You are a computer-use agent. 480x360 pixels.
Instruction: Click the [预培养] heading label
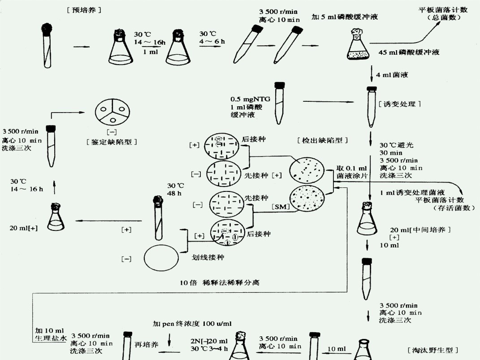tap(83, 9)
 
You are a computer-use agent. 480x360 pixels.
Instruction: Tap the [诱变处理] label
tap(400, 104)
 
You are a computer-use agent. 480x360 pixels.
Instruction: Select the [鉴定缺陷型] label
tap(111, 142)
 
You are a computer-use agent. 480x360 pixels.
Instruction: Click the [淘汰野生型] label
tap(432, 349)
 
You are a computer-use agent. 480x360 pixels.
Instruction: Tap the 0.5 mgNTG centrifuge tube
tap(280, 103)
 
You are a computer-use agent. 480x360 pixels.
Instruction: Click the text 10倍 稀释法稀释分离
tap(220, 283)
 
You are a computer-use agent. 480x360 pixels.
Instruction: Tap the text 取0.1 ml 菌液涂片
tap(352, 172)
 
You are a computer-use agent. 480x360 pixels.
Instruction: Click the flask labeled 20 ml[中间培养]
tap(368, 220)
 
